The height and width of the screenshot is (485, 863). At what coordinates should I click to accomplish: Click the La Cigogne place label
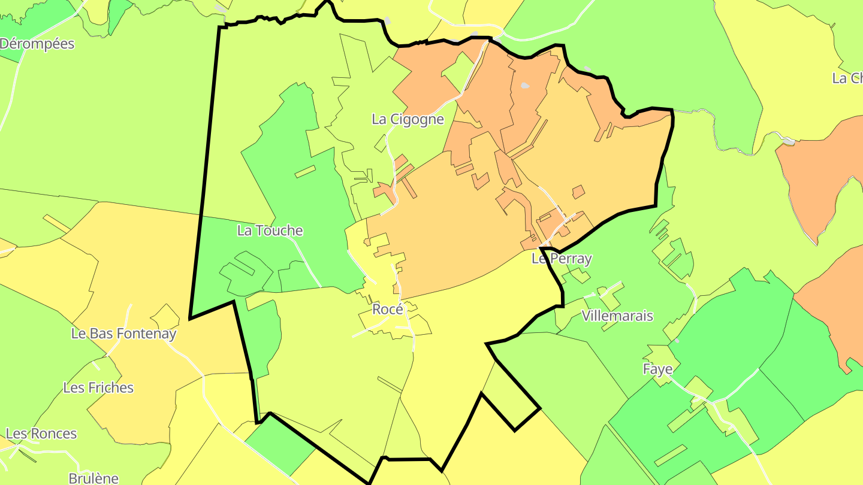coord(408,119)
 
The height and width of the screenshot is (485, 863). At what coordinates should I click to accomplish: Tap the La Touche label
coord(270,231)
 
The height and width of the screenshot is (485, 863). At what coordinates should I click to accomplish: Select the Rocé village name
coord(388,310)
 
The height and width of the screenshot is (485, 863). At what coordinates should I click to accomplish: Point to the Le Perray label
coord(562,259)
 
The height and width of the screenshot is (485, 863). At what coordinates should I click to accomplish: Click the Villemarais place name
coord(617,316)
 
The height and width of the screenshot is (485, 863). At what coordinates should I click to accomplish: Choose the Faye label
coord(657,369)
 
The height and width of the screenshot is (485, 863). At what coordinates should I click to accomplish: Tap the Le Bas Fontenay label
coord(123,334)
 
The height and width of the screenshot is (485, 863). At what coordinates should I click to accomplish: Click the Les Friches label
coord(98,388)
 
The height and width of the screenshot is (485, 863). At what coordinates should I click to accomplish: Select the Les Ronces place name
coord(41,434)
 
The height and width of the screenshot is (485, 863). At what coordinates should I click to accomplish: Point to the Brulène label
coord(93,478)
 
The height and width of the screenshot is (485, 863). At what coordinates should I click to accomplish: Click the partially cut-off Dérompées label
coord(37,44)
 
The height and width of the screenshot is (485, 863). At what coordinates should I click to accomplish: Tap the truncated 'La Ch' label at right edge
coord(847,78)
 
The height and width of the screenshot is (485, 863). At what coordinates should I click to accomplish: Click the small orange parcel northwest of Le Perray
coord(578,192)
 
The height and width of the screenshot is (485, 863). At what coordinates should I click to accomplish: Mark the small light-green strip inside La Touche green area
coord(304,171)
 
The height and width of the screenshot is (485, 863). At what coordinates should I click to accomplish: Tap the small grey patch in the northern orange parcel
coord(525,86)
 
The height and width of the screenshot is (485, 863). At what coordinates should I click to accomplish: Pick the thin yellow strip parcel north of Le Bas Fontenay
coord(56,223)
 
